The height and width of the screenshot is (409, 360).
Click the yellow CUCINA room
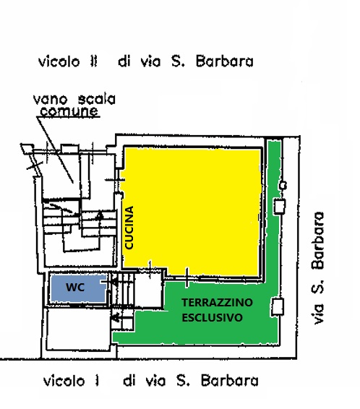click(x=192, y=211)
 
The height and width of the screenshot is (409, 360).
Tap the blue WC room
click(x=78, y=288)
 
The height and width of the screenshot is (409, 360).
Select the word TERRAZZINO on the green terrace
click(x=217, y=303)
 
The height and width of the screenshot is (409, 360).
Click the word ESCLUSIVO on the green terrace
click(x=212, y=318)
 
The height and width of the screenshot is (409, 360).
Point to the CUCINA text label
click(x=129, y=228)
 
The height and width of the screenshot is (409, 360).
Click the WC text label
click(x=75, y=287)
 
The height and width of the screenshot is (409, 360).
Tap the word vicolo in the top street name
click(x=59, y=62)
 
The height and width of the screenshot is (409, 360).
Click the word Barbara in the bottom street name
click(x=230, y=381)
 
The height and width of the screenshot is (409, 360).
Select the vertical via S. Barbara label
click(x=318, y=268)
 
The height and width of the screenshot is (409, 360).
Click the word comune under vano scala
click(x=69, y=111)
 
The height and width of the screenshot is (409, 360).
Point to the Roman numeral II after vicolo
click(x=94, y=61)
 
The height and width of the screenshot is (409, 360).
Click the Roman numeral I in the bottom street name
click(x=97, y=381)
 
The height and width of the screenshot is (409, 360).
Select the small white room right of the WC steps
click(x=149, y=290)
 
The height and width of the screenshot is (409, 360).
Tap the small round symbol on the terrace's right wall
click(x=283, y=186)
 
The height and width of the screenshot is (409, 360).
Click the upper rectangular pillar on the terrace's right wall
click(x=279, y=207)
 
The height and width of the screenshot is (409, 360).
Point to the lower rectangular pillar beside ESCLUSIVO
click(x=278, y=307)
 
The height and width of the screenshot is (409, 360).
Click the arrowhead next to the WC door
click(x=113, y=282)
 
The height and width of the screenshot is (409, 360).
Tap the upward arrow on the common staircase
click(x=99, y=215)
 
